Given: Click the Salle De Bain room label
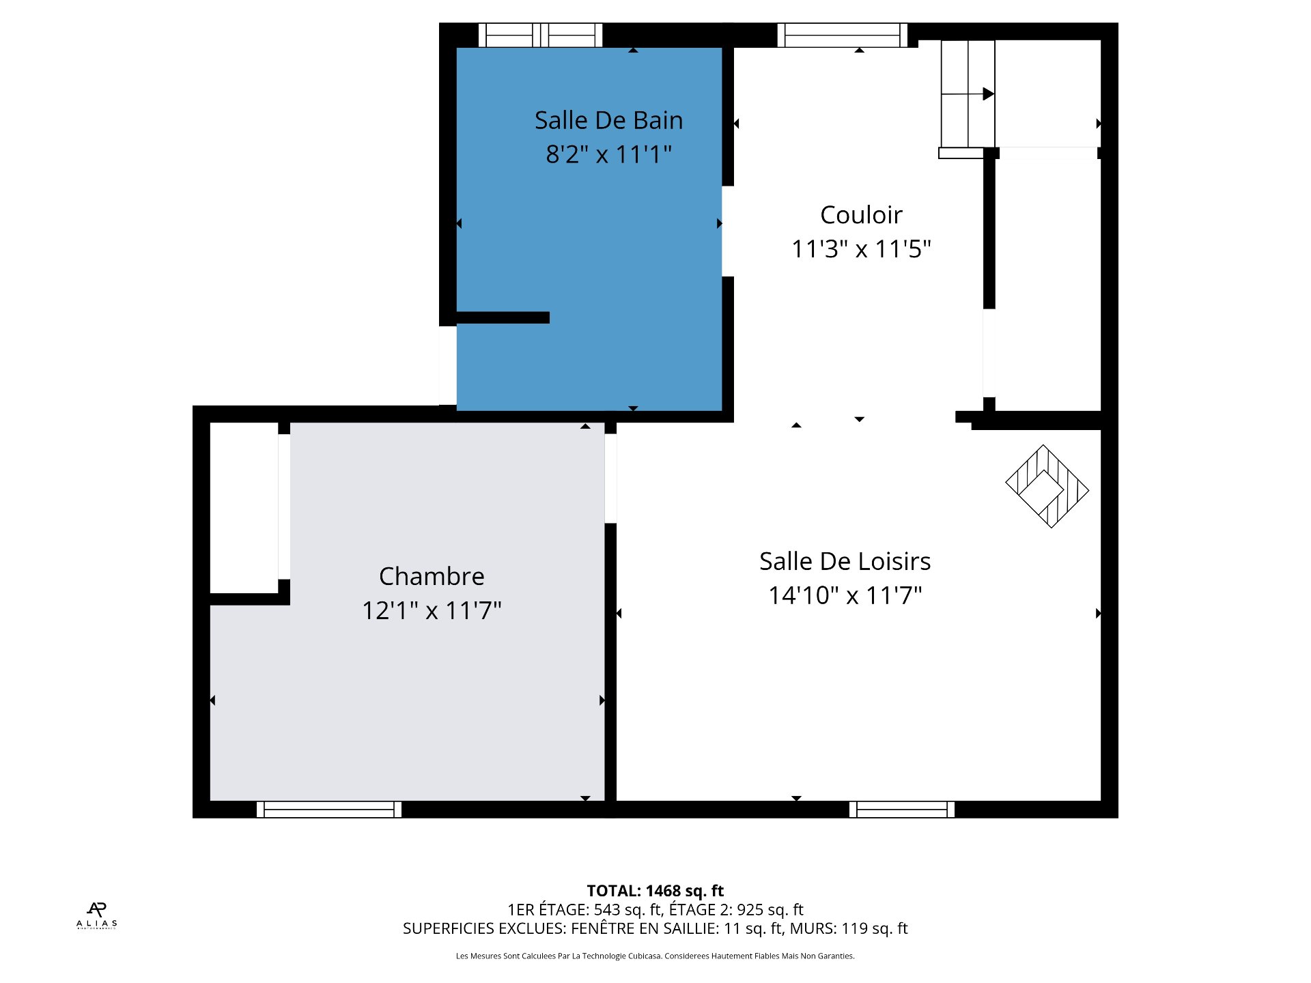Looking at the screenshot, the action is click(x=608, y=120).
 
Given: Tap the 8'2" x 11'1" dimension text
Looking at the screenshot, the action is click(x=608, y=154).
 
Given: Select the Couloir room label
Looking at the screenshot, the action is click(x=861, y=215).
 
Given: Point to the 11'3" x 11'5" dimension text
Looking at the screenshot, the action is click(x=861, y=248).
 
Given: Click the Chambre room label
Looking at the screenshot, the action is click(x=432, y=576).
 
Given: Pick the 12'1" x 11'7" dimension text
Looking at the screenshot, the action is click(x=432, y=610).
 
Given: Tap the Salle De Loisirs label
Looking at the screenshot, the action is click(x=845, y=561).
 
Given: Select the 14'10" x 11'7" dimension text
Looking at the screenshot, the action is click(x=845, y=595).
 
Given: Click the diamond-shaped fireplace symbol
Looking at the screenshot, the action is click(x=1047, y=487).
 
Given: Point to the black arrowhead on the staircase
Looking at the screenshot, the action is click(x=988, y=94).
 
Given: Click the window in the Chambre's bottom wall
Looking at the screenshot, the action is click(x=329, y=810).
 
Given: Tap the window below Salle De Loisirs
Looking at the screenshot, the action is click(x=902, y=810).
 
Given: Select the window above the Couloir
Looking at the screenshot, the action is click(x=843, y=35).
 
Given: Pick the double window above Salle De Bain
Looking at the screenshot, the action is click(x=540, y=35).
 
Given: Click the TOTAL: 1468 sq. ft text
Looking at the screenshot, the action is click(x=655, y=891).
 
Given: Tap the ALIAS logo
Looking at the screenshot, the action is click(x=97, y=915).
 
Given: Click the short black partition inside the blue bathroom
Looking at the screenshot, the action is click(x=503, y=317).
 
